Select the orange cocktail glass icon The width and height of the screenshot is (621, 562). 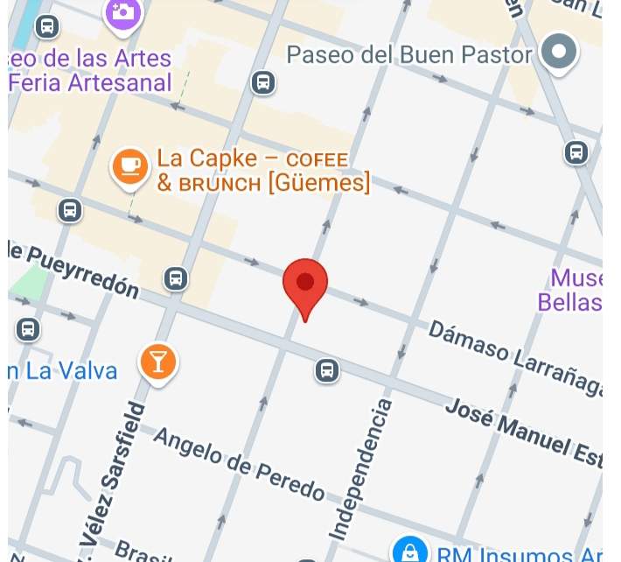click(x=158, y=361)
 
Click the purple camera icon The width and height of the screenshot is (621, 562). click(x=122, y=11)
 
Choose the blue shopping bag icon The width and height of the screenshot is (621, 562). click(x=408, y=551)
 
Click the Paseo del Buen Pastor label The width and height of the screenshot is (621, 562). click(x=409, y=55)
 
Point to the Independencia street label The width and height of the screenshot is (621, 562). click(x=360, y=468)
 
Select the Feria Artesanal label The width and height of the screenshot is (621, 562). click(x=91, y=83)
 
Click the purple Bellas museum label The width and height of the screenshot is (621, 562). click(x=569, y=302)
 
